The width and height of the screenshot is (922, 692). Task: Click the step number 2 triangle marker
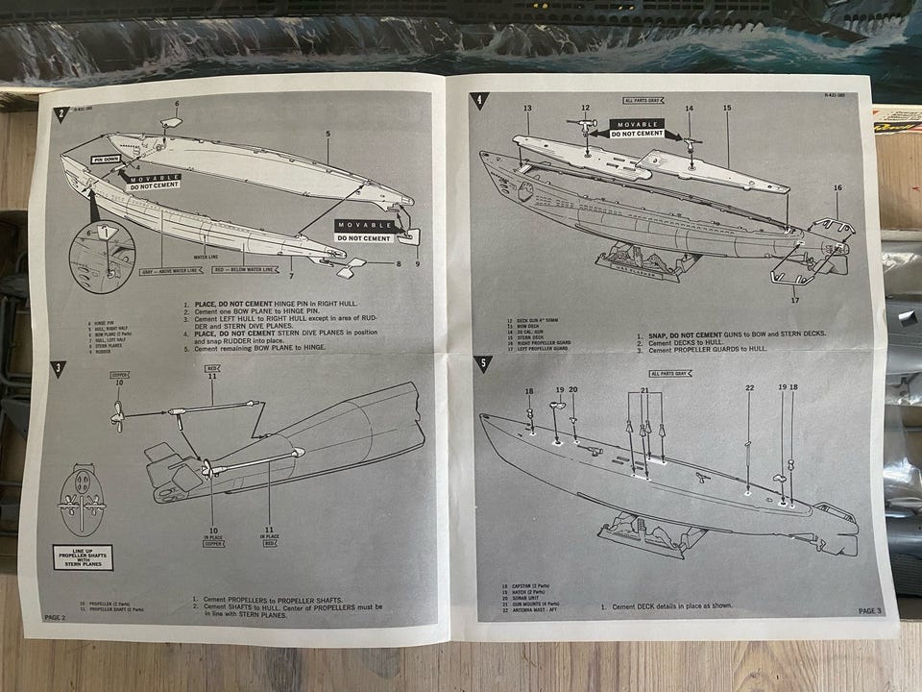click(x=61, y=113)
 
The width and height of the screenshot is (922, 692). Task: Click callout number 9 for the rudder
click(x=418, y=263)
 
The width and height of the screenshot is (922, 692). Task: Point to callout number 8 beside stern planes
click(x=398, y=264)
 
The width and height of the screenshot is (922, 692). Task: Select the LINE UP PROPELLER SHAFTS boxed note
click(x=83, y=556)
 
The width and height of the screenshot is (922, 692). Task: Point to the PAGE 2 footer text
click(x=55, y=616)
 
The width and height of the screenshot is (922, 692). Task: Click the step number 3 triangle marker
click(x=60, y=368)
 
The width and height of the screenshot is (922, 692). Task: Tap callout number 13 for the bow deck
click(x=527, y=109)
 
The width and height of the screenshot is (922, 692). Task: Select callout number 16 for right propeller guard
click(x=837, y=188)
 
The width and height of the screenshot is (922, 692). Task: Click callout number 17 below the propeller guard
click(x=793, y=301)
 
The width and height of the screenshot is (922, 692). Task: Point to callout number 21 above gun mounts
click(x=644, y=390)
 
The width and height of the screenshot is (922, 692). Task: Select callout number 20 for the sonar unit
click(x=573, y=389)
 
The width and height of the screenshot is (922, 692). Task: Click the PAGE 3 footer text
click(x=868, y=610)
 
